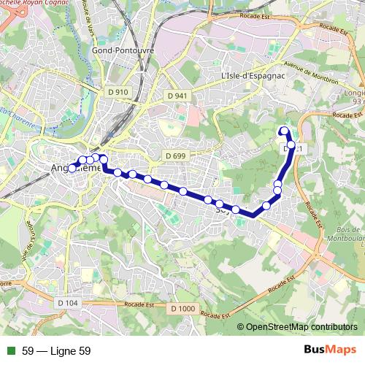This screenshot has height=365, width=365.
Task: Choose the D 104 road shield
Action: (66, 302)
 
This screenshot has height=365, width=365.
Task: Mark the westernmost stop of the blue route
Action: (72, 169)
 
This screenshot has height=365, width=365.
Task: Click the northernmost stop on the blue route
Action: (284, 131)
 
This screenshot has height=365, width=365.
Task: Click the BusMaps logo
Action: (328, 350)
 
